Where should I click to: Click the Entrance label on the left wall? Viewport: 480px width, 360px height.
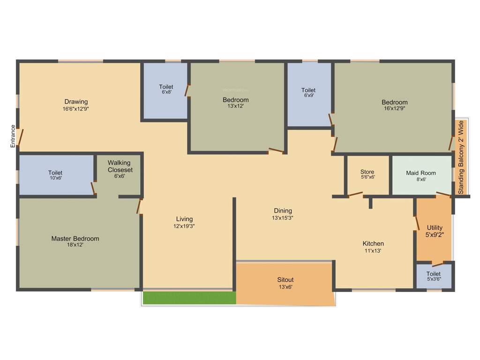tap(13, 136)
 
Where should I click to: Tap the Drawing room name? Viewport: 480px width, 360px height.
tap(76, 102)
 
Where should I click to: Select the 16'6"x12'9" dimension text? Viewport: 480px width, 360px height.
tap(76, 109)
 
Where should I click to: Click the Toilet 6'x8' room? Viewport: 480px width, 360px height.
tap(166, 90)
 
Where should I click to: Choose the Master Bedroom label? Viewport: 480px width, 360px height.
tap(75, 239)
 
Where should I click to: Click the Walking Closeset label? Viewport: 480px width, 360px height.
tap(120, 166)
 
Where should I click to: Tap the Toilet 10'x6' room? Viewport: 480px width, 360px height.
tap(55, 175)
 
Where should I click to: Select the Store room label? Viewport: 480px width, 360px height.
tap(367, 172)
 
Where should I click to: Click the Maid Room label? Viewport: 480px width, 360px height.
tap(421, 173)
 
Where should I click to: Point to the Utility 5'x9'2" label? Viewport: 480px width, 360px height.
tap(435, 231)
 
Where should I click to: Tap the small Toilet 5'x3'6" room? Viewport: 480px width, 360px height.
tap(434, 276)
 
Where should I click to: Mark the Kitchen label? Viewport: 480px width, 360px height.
tap(373, 244)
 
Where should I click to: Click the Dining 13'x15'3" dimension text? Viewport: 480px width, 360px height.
tap(283, 218)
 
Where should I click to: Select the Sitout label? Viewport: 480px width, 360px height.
tap(285, 280)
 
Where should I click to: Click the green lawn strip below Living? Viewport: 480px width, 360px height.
tap(189, 298)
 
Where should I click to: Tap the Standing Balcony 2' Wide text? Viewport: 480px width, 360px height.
tap(461, 157)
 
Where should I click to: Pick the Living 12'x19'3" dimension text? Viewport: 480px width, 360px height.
tap(184, 226)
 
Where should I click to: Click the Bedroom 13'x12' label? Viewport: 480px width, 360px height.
tap(236, 100)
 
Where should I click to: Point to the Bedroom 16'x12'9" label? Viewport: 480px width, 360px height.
tap(394, 102)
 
